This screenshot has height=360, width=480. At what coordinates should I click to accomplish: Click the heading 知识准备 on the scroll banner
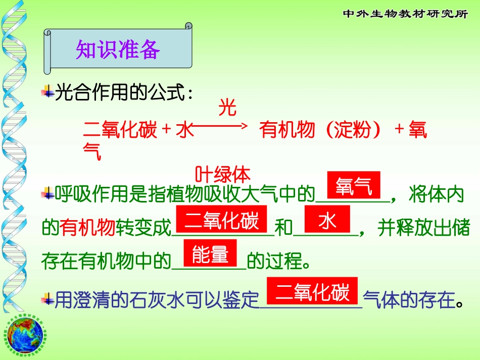(x=118, y=49)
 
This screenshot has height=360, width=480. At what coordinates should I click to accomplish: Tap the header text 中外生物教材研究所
(x=406, y=14)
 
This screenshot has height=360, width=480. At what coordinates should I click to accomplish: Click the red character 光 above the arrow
(x=227, y=108)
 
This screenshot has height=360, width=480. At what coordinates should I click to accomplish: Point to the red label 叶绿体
(x=223, y=175)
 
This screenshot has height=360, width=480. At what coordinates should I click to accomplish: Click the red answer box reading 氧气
(x=354, y=186)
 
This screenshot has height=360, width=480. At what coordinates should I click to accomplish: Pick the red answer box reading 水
(x=327, y=220)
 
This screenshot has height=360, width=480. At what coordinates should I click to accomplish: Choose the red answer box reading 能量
(x=211, y=254)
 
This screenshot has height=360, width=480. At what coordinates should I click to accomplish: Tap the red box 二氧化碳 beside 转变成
(x=222, y=220)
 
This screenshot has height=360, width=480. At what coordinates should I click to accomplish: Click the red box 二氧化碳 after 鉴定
(x=312, y=292)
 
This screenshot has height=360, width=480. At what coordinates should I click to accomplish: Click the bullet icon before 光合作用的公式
(x=49, y=92)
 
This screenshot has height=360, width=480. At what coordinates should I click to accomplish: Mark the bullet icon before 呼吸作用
(x=49, y=193)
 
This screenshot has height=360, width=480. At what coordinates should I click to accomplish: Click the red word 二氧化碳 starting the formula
(x=120, y=131)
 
